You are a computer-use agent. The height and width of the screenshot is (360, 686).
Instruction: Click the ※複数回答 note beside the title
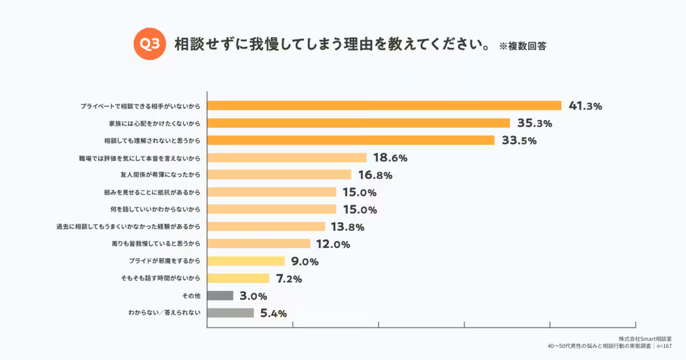coord(523,46)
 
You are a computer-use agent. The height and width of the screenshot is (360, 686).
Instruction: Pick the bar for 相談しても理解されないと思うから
coord(350,141)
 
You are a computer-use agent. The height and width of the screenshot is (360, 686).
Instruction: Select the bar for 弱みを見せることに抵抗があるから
coord(272,192)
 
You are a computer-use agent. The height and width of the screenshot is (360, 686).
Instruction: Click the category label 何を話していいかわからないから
coord(155,209)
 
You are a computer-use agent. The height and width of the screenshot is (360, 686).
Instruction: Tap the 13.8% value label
coord(348,227)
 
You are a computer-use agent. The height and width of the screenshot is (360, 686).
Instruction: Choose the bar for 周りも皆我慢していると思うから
coord(258,244)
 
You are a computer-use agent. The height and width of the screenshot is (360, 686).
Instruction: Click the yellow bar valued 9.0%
coord(246,261)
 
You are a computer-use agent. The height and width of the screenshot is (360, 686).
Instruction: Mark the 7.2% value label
coord(289,279)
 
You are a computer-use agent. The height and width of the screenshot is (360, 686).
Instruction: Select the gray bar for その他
coord(220,296)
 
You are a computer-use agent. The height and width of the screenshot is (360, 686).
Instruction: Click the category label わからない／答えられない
coord(165,313)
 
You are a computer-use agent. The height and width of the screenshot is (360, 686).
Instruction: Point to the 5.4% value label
coord(273,313)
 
